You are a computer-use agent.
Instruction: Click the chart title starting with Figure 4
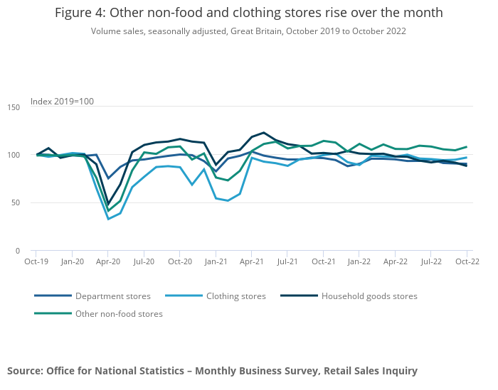click(248, 13)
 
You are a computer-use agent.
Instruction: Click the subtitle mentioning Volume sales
click(248, 31)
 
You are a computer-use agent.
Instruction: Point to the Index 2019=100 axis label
click(62, 102)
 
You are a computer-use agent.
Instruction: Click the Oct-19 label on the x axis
click(36, 261)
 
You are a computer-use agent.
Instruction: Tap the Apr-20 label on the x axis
click(108, 261)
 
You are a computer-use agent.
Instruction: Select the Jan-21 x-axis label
click(216, 261)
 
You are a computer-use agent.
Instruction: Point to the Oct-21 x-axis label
click(323, 261)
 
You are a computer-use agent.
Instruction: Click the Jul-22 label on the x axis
click(431, 261)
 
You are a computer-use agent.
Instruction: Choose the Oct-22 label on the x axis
click(467, 261)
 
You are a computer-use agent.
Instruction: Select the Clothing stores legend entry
click(234, 296)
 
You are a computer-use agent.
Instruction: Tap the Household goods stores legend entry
click(369, 296)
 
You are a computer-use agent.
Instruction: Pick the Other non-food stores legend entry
click(118, 313)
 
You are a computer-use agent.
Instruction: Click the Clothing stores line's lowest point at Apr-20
click(108, 219)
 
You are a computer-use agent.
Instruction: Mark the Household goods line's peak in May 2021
click(264, 133)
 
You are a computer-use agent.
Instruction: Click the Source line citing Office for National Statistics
click(212, 370)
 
